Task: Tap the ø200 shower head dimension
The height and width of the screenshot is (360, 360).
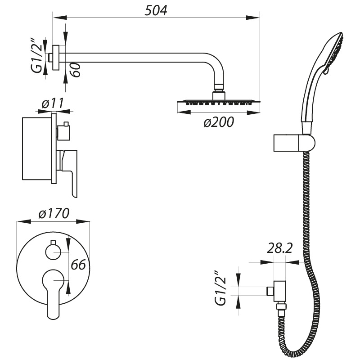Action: [x=218, y=122]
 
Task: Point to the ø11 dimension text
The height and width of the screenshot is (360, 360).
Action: [x=51, y=103]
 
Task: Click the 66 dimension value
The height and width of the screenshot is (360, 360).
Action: [x=78, y=265]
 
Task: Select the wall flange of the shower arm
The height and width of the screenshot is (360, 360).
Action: [x=56, y=58]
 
